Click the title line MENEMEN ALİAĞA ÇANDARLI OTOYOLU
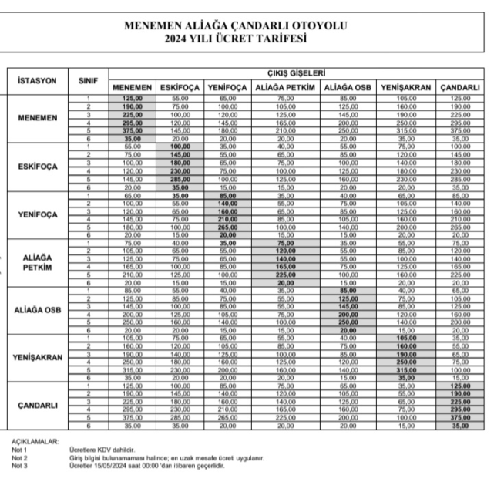(x=247, y=25)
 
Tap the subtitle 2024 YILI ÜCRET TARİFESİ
(x=247, y=38)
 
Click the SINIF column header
(x=89, y=79)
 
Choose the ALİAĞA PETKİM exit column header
(x=284, y=88)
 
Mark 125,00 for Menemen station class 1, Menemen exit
(x=133, y=98)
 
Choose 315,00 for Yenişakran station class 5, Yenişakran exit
(x=408, y=369)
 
